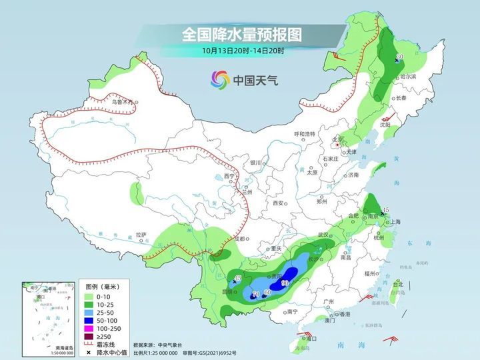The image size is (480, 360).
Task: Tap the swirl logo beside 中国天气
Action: pos(219,80)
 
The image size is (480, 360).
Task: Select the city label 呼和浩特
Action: pos(304,134)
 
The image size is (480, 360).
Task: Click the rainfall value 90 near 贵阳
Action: pos(285,283)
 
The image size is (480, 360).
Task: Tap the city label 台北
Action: pos(398,284)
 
